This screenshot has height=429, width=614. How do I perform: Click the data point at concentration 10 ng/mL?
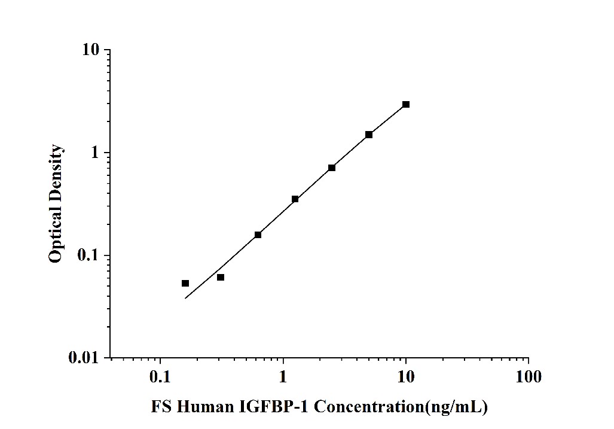tap(406, 104)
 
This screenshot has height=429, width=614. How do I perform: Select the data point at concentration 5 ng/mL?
tap(369, 135)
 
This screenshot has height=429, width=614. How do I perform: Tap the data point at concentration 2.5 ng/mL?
tap(332, 168)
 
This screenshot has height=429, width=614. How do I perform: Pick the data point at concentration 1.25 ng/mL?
tap(295, 199)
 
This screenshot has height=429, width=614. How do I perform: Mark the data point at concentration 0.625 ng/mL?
tap(258, 235)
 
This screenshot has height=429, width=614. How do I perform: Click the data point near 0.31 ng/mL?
tap(221, 277)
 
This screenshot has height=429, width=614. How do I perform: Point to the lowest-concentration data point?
tap(185, 283)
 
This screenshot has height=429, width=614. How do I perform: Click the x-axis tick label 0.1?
tap(160, 378)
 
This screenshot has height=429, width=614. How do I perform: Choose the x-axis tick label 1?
tap(283, 378)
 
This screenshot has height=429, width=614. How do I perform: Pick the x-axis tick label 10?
tap(406, 378)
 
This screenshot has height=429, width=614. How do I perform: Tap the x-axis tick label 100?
tap(528, 378)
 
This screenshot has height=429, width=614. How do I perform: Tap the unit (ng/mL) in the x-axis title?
tap(456, 407)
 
